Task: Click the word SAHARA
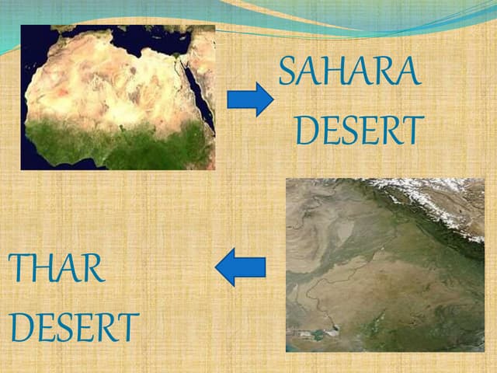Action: pyautogui.click(x=349, y=72)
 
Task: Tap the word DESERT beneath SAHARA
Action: pyautogui.click(x=359, y=131)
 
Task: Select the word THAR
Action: pyautogui.click(x=57, y=269)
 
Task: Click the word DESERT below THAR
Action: pyautogui.click(x=75, y=328)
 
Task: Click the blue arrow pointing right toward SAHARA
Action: pyautogui.click(x=249, y=99)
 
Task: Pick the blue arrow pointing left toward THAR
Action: pyautogui.click(x=241, y=267)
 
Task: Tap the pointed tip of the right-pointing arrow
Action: pyautogui.click(x=272, y=99)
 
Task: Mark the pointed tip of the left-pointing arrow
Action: pyautogui.click(x=217, y=267)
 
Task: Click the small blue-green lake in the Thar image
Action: pyautogui.click(x=318, y=334)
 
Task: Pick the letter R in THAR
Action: pyautogui.click(x=93, y=269)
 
